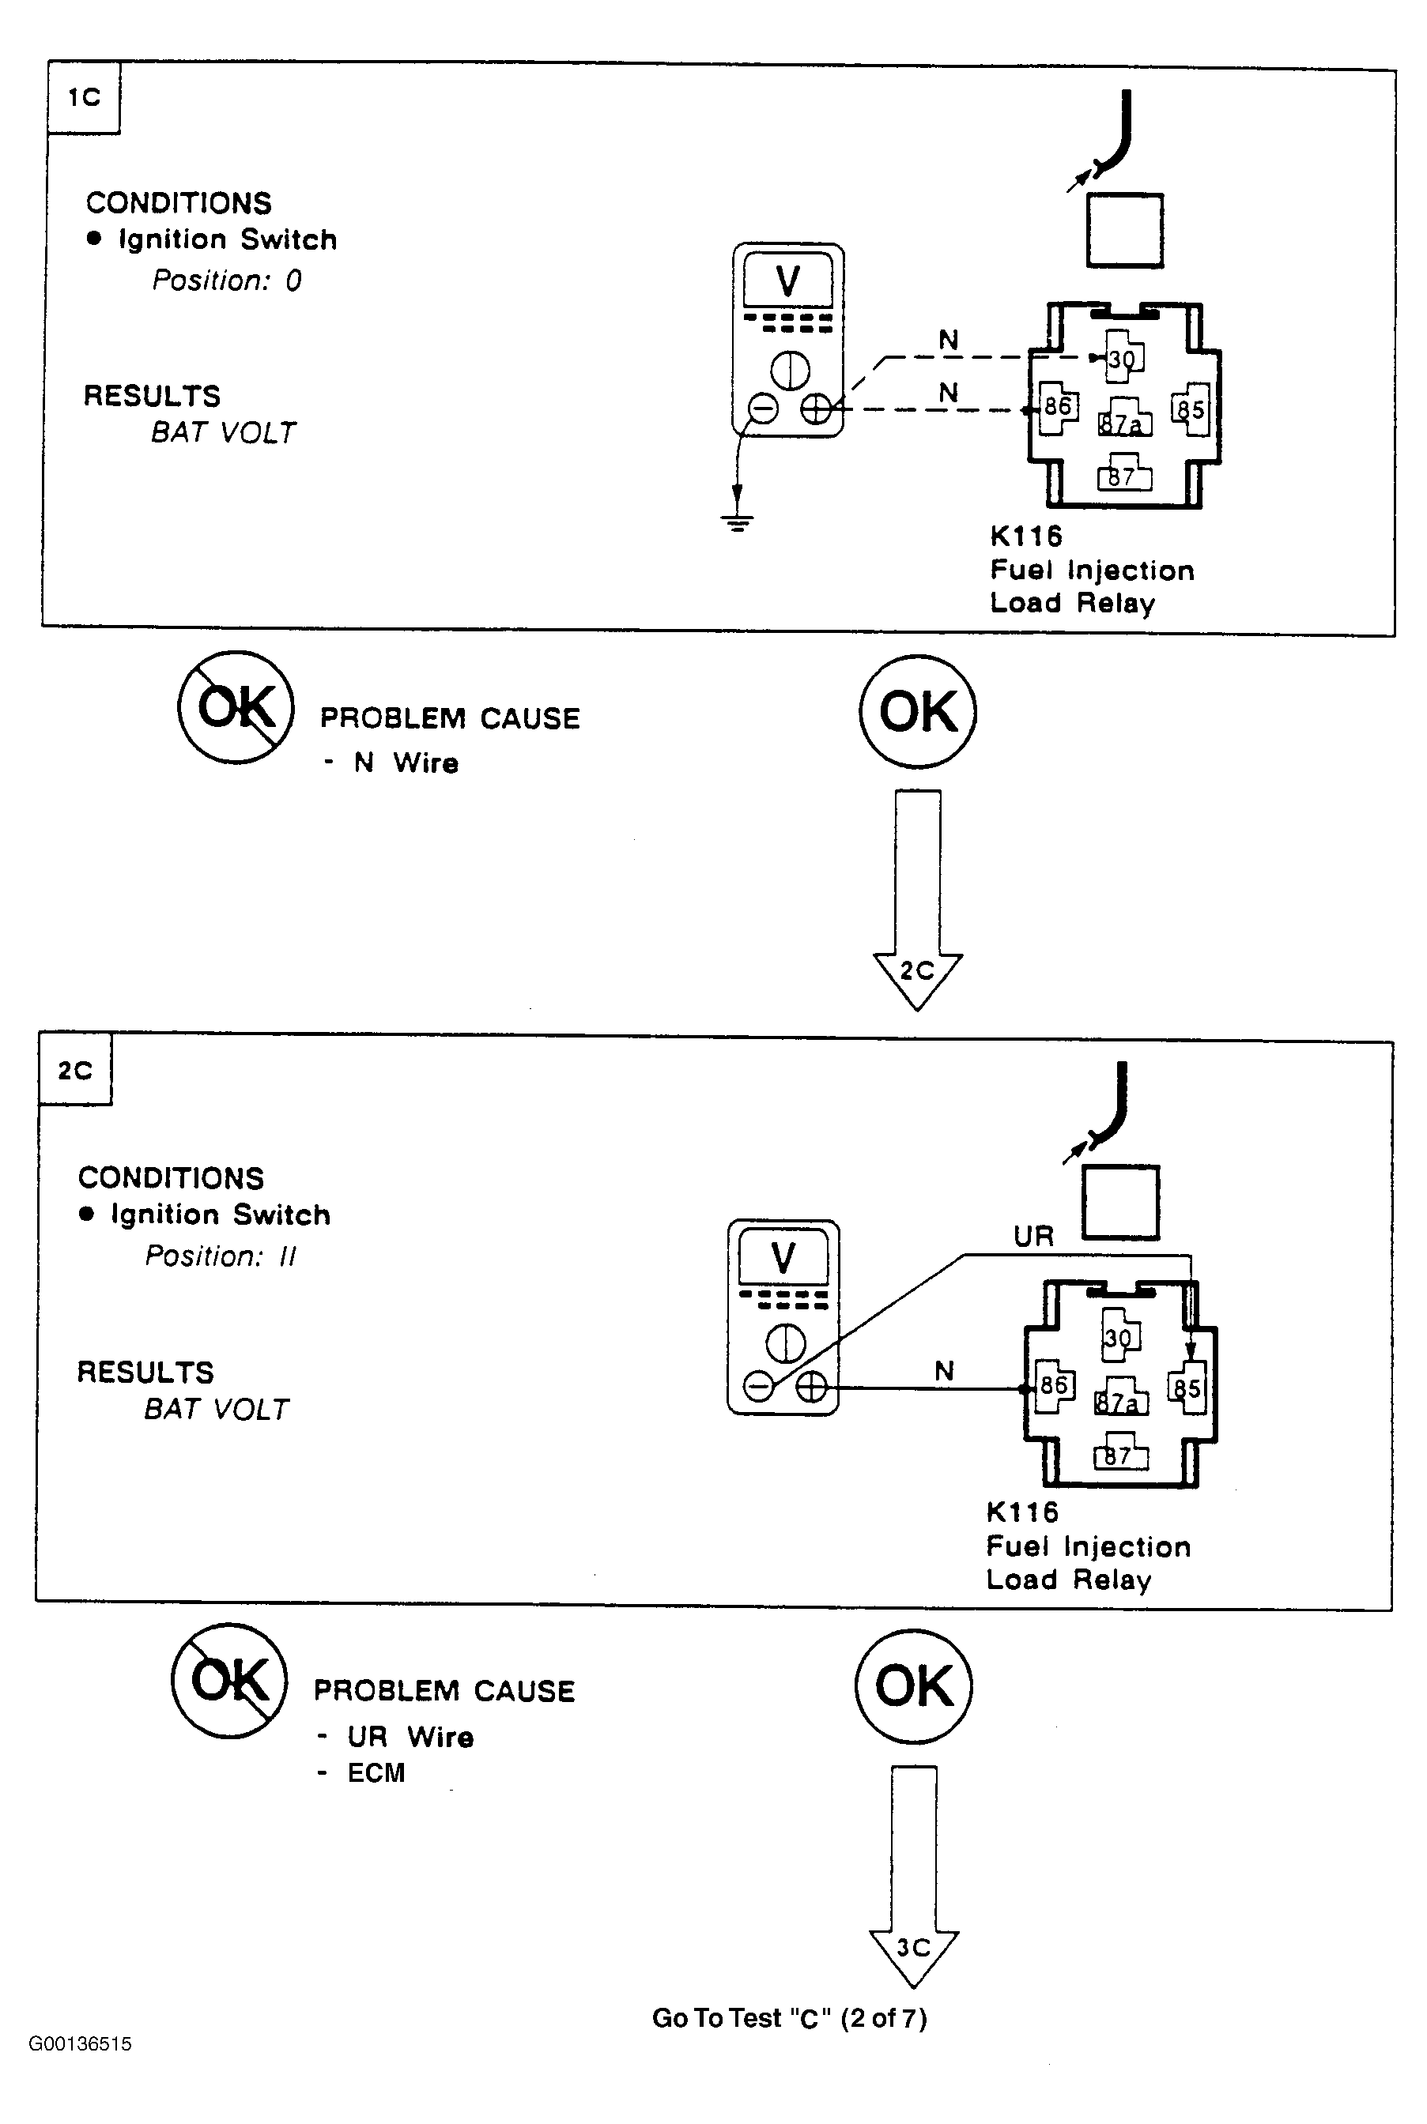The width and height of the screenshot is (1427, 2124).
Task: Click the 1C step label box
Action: click(84, 97)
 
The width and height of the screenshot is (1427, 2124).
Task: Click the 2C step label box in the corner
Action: click(76, 1070)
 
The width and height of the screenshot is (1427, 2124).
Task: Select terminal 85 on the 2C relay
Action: click(1187, 1388)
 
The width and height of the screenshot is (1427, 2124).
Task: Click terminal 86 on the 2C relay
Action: click(1054, 1385)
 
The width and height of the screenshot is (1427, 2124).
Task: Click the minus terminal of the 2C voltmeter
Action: click(759, 1386)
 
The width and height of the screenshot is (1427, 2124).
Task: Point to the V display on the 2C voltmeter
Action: click(783, 1257)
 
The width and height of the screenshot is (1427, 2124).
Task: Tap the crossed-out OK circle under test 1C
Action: click(236, 706)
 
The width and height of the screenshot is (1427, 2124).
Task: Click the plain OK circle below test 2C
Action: click(914, 1685)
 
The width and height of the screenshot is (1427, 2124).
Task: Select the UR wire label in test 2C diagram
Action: click(1034, 1236)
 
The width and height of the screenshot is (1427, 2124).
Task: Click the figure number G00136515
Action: click(80, 2043)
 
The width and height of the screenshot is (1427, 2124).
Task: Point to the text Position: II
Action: click(221, 1256)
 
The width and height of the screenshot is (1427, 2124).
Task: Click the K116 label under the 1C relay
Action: click(1025, 536)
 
